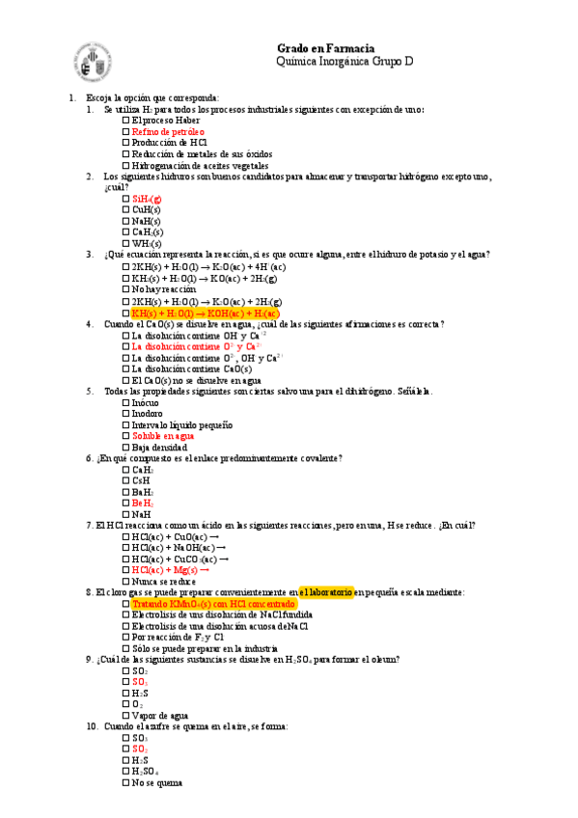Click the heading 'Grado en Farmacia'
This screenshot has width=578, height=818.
pyautogui.click(x=325, y=48)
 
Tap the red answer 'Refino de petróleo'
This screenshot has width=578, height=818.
pyautogui.click(x=168, y=131)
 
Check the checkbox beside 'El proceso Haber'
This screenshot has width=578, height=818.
pyautogui.click(x=126, y=121)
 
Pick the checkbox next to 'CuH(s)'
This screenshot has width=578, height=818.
pyautogui.click(x=126, y=209)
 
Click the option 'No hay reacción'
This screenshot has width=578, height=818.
pyautogui.click(x=163, y=289)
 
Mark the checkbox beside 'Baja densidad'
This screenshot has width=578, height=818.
pyautogui.click(x=126, y=448)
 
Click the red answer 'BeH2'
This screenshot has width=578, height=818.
pyautogui.click(x=142, y=504)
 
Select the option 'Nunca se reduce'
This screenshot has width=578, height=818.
pyautogui.click(x=163, y=582)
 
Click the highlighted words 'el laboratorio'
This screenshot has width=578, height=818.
pyautogui.click(x=327, y=592)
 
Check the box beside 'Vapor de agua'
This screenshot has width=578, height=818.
pyautogui.click(x=126, y=716)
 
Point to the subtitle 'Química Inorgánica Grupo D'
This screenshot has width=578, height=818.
pyautogui.click(x=344, y=62)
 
